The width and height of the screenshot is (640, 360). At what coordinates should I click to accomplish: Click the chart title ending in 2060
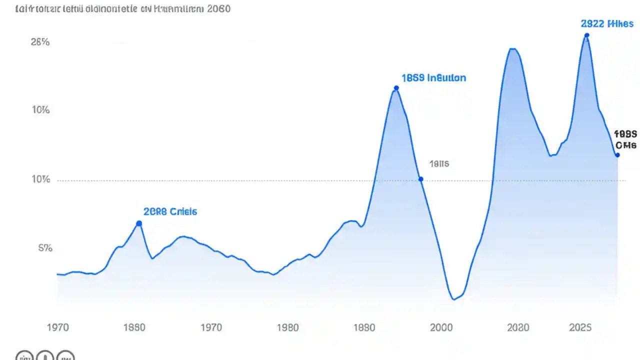[x=123, y=9]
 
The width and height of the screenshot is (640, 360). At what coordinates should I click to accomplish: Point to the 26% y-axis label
[x=40, y=42]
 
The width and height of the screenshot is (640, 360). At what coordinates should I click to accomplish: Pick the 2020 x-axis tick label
[x=518, y=327]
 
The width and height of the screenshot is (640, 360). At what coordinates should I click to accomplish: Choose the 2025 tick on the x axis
[x=580, y=327]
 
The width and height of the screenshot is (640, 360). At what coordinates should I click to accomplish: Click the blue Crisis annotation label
[x=170, y=211]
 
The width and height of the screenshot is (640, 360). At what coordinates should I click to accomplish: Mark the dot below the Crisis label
[x=139, y=223]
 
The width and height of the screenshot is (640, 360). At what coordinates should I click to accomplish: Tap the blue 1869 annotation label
[x=433, y=78]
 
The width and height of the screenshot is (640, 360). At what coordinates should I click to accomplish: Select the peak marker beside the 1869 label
[x=396, y=88]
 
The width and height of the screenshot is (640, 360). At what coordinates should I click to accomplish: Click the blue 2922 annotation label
[x=607, y=23]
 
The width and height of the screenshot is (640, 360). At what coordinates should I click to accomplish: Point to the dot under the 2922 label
[x=586, y=35]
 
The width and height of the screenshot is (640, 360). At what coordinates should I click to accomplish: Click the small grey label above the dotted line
[x=439, y=163]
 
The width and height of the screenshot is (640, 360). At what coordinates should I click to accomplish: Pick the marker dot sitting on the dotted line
[x=420, y=179]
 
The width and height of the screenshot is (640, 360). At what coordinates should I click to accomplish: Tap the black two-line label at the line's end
[x=625, y=139]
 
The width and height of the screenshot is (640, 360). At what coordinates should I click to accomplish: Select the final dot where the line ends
[x=617, y=155]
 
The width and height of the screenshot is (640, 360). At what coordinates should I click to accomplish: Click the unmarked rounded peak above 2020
[x=512, y=49]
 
